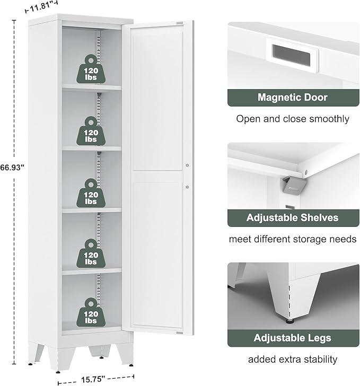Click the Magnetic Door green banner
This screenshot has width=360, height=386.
(293, 98)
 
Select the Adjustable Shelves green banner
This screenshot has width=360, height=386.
(293, 218)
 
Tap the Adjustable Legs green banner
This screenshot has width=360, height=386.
(293, 338)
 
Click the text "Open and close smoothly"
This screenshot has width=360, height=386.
(293, 119)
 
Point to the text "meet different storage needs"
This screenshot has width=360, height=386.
(293, 239)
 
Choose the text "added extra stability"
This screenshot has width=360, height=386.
(293, 359)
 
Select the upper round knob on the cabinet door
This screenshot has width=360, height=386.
(187, 165)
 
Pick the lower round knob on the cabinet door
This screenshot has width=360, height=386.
(187, 186)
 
